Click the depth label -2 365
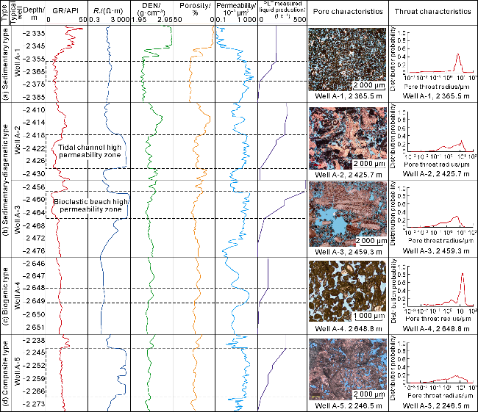(35, 71)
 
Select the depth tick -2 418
(35, 135)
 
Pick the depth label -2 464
(35, 212)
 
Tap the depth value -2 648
(35, 288)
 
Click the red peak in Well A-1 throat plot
(458, 56)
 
